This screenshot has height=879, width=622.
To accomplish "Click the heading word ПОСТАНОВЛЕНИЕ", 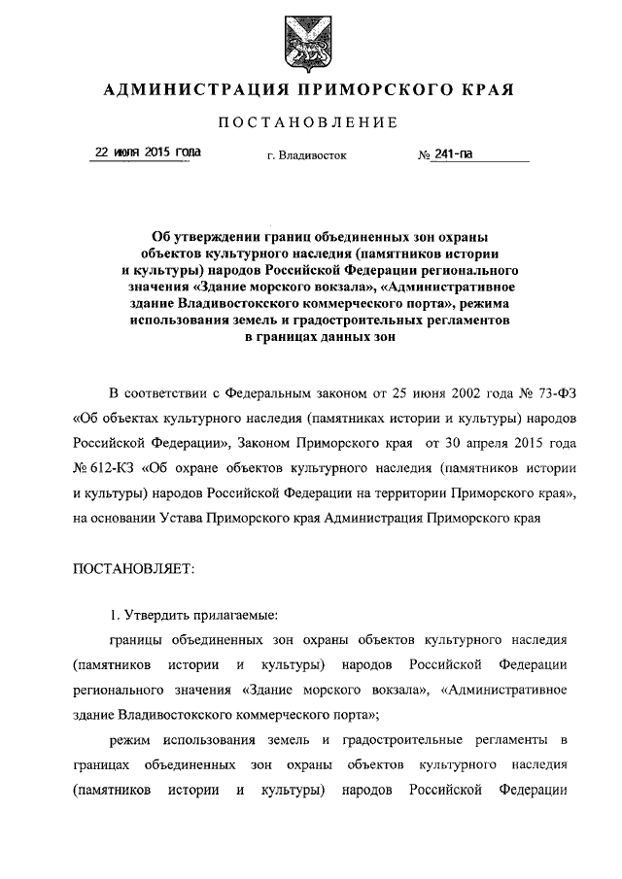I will [310, 122].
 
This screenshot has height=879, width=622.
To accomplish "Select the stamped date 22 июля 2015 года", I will [147, 152].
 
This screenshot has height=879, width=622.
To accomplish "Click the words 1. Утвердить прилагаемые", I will [193, 615].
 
